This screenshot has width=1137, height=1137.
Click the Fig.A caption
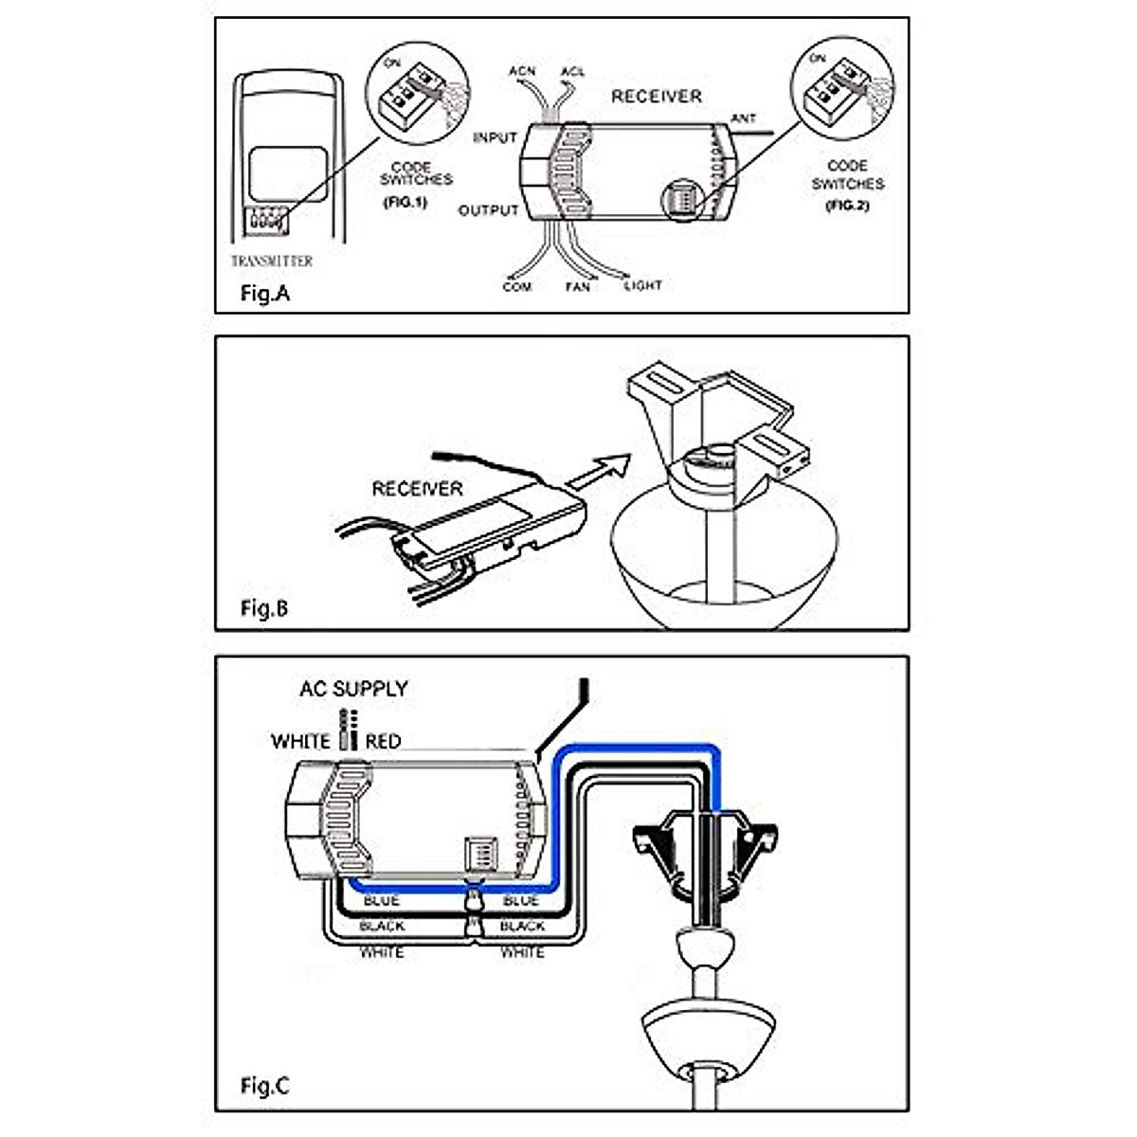[x=264, y=294]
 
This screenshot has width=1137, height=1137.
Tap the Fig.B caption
[x=264, y=608]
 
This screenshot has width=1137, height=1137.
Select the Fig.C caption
[x=264, y=1086]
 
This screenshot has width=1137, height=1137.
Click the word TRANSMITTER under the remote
[x=272, y=262]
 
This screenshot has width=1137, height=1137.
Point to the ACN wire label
[x=522, y=72]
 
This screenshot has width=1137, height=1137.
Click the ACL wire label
[x=572, y=72]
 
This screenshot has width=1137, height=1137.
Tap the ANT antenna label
[x=744, y=118]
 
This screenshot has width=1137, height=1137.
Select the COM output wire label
[x=517, y=286]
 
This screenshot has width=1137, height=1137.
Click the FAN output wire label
[x=577, y=286]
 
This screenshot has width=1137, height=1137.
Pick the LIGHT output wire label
[x=642, y=285]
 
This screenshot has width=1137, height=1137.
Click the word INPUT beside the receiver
[x=495, y=138]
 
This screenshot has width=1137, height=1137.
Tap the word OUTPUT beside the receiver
[x=489, y=210]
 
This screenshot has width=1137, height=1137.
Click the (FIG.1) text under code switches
[x=406, y=203]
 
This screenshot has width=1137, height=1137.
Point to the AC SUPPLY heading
[x=353, y=689]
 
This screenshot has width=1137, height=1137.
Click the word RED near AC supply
[x=383, y=741]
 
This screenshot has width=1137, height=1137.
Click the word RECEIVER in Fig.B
[x=417, y=489]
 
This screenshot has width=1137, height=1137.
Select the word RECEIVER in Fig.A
[x=657, y=97]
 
